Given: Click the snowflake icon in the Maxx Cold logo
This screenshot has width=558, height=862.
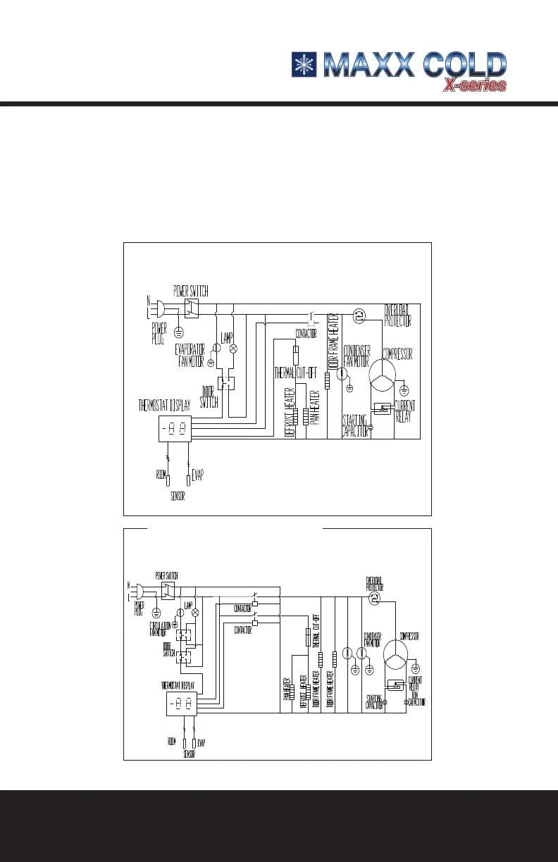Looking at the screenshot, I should pyautogui.click(x=304, y=64).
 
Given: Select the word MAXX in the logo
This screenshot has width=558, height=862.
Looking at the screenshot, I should pyautogui.click(x=368, y=64).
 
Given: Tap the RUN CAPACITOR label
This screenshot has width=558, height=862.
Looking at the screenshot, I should pyautogui.click(x=417, y=699).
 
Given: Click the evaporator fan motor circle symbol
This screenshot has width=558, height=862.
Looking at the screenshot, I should pyautogui.click(x=218, y=349).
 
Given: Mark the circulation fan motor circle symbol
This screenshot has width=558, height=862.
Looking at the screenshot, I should pyautogui.click(x=180, y=613).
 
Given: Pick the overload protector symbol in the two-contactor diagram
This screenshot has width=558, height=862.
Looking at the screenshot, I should pyautogui.click(x=373, y=597).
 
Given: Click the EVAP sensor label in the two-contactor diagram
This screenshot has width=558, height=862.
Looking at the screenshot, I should pyautogui.click(x=201, y=742).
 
